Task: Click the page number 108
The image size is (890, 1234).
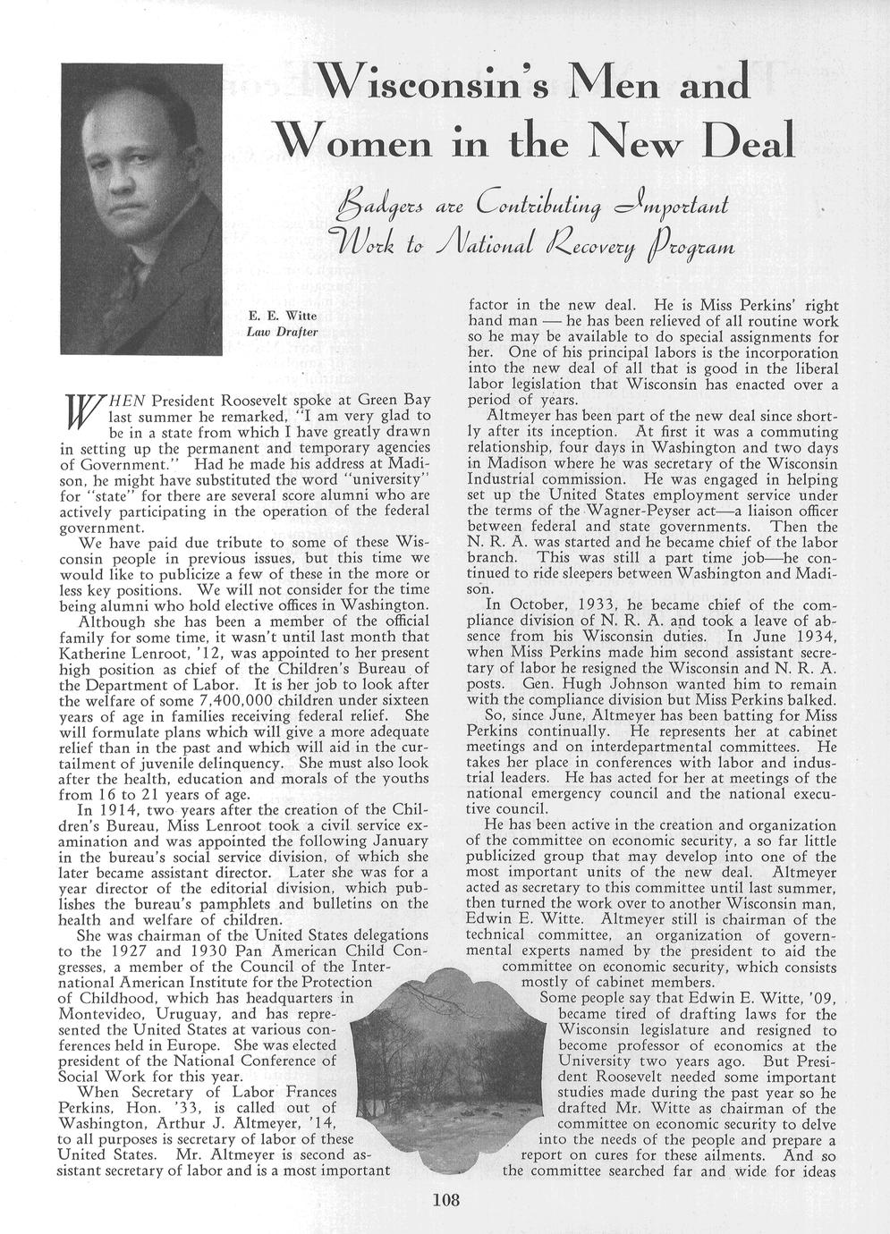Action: pyautogui.click(x=445, y=1200)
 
